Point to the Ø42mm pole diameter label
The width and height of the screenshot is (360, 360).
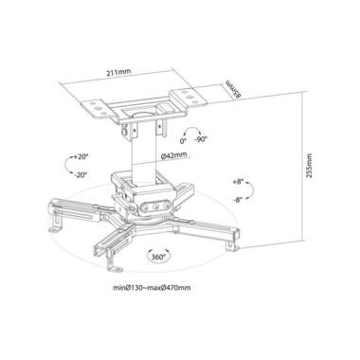click(172, 154)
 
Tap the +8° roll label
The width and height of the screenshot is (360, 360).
click(240, 180)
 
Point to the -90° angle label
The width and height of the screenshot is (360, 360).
click(200, 139)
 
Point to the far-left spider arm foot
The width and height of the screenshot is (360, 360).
click(54, 225)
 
